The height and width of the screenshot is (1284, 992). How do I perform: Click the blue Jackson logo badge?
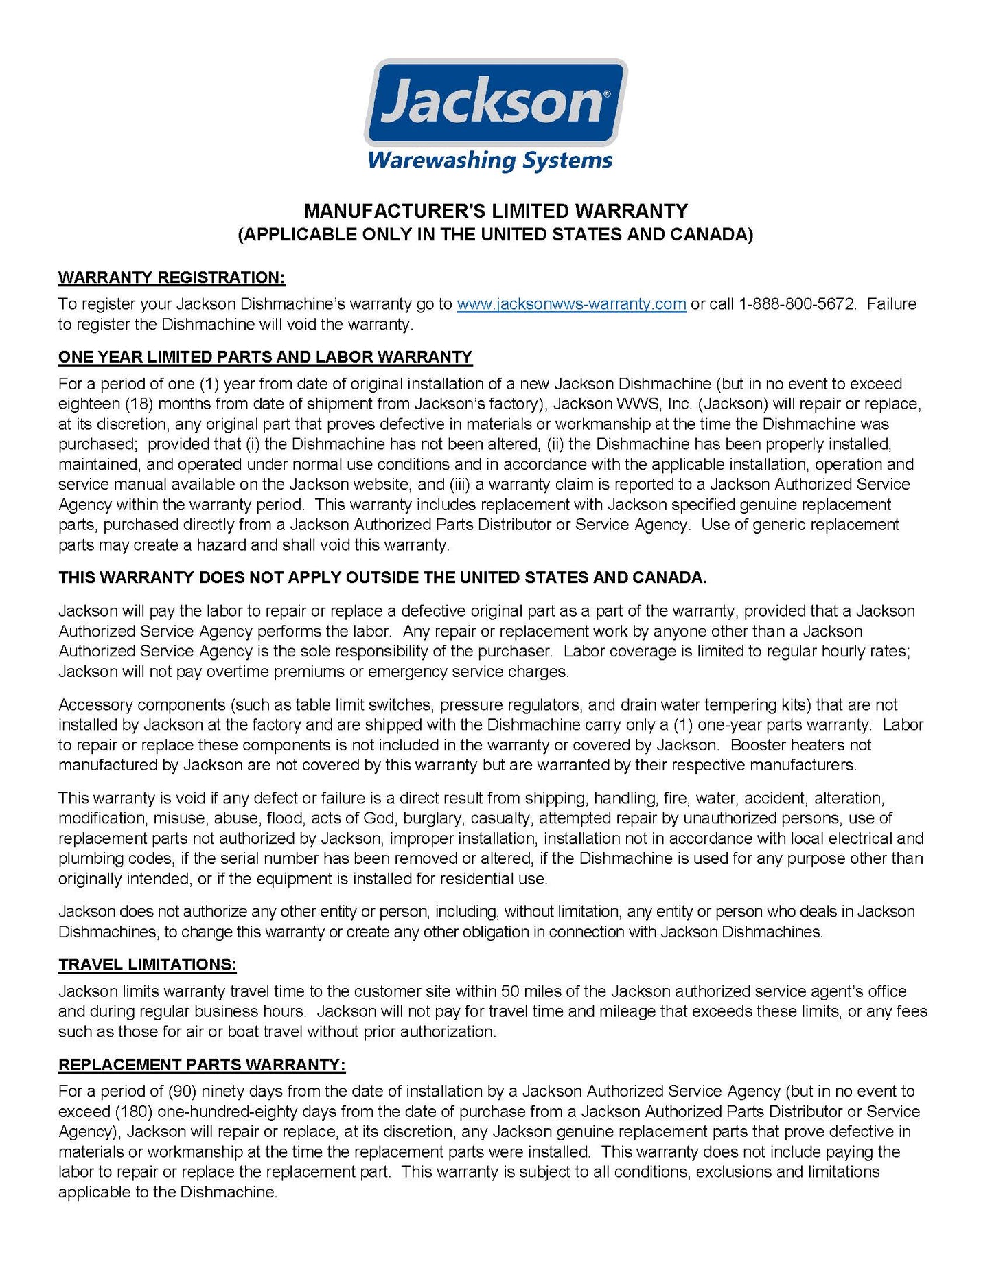(x=495, y=102)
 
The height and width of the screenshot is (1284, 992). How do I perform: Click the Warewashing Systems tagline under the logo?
(x=489, y=161)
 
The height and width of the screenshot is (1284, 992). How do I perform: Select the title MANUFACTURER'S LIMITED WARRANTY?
(x=496, y=211)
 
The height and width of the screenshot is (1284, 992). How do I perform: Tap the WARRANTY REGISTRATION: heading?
(x=172, y=277)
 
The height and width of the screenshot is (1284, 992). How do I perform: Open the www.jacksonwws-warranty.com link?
(x=571, y=304)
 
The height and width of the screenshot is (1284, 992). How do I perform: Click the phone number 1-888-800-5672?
(x=797, y=304)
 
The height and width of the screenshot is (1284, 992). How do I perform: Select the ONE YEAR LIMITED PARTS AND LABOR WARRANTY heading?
(x=265, y=357)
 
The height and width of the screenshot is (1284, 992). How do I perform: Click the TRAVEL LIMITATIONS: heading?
(x=147, y=965)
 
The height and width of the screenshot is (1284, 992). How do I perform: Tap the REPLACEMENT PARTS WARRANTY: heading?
(x=202, y=1065)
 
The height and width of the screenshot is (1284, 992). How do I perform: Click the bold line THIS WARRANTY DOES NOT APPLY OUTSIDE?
(x=382, y=577)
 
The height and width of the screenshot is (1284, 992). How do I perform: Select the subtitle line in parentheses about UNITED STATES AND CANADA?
(x=496, y=235)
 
